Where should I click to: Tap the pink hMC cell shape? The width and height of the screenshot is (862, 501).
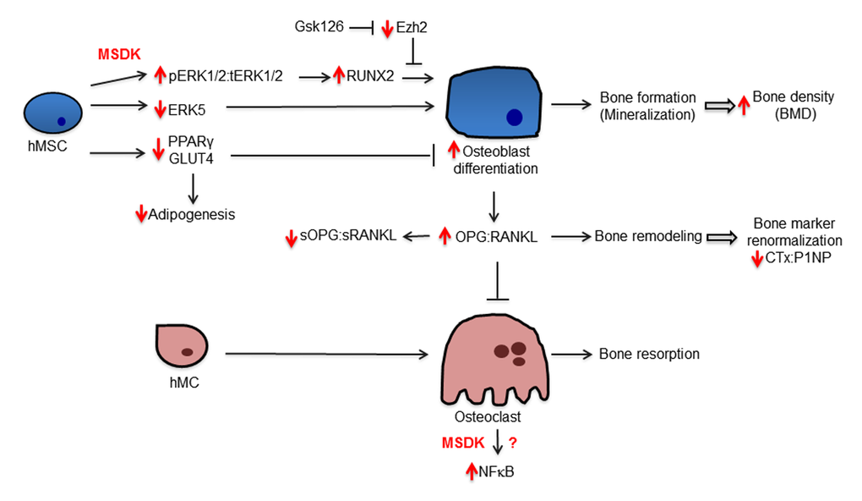[182, 346]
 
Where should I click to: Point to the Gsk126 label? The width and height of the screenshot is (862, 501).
[319, 28]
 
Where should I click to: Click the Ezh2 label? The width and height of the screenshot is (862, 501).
[412, 28]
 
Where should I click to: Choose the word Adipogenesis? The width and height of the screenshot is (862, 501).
[193, 214]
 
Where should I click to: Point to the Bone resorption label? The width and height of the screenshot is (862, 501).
[649, 354]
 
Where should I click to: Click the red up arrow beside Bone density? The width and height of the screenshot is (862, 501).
[744, 105]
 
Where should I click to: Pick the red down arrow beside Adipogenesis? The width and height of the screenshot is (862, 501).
[140, 214]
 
